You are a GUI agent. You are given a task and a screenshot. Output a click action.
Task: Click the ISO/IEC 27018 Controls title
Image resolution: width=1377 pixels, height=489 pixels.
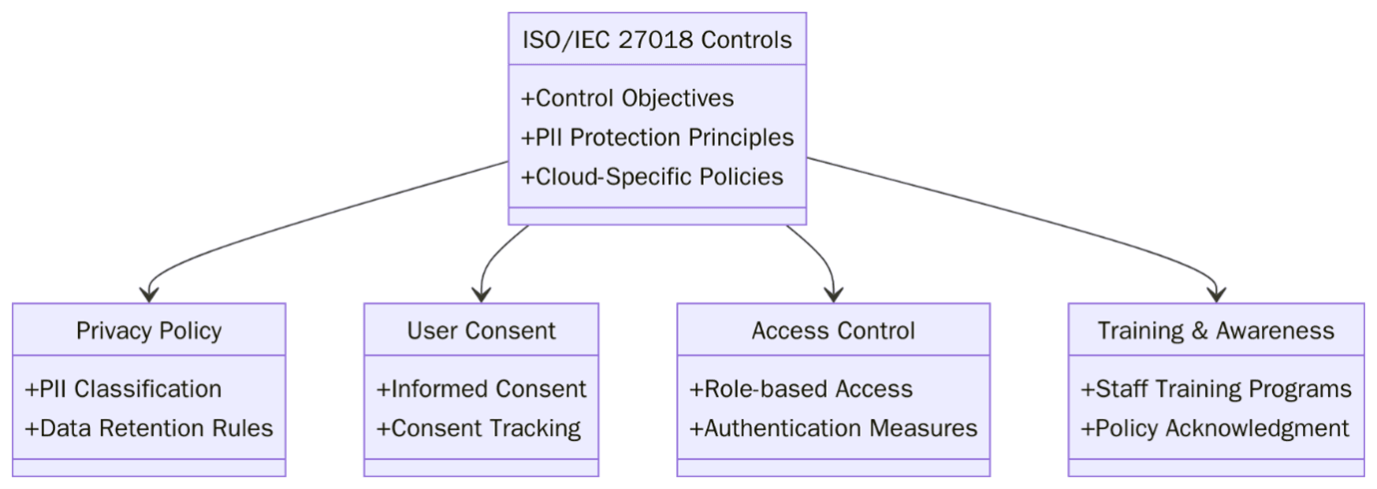[657, 40]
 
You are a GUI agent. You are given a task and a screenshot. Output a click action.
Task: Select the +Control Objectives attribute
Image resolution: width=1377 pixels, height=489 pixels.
[627, 98]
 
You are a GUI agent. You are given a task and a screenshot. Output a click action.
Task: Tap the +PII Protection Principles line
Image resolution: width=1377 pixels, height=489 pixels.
[657, 137]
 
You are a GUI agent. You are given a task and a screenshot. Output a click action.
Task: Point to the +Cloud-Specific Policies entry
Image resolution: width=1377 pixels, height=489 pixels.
[652, 177]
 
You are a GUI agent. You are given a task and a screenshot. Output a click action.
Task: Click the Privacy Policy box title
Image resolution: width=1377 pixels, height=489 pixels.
[149, 330]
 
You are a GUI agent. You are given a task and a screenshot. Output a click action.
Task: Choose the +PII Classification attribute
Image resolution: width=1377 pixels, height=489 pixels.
[123, 388]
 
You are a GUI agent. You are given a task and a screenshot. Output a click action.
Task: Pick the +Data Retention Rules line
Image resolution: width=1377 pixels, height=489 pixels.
[149, 428]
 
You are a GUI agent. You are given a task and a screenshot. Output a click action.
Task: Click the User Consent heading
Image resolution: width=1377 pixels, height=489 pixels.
[481, 330]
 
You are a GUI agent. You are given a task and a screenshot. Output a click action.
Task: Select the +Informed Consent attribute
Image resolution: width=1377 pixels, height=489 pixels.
[481, 388]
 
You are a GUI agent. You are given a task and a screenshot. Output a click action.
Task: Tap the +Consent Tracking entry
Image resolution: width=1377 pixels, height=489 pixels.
[478, 428]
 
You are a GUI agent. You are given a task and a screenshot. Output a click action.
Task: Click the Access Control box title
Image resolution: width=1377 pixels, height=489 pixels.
[833, 330]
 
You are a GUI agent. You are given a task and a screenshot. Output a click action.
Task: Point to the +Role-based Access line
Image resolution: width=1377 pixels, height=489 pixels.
[801, 388]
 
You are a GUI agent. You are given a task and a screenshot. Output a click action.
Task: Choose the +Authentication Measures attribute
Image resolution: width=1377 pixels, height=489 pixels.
[833, 428]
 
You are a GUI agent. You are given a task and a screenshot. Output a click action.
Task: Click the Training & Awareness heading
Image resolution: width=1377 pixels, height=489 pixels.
[1215, 330]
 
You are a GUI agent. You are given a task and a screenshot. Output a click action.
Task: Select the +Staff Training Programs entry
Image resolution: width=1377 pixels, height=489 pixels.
[1215, 388]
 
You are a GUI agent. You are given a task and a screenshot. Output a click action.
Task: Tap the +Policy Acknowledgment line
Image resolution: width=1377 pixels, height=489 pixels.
[1214, 428]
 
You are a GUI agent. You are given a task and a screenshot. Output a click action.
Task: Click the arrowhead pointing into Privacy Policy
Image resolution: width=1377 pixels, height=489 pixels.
[149, 294]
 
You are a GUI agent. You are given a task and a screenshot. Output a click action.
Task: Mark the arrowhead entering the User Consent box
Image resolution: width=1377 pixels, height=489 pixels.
[481, 294]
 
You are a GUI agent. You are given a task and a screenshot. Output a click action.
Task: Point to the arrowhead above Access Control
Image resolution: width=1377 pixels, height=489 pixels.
[833, 294]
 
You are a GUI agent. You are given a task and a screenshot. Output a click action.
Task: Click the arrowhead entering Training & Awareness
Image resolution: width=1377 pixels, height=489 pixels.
[1215, 294]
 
